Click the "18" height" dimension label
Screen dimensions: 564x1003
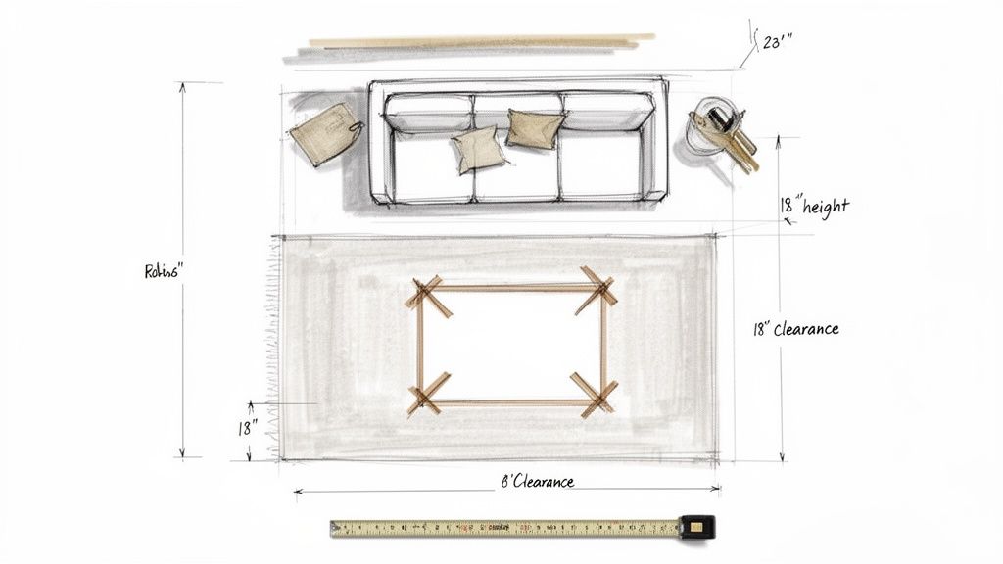coord(814,207)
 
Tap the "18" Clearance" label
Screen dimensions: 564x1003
coord(795,330)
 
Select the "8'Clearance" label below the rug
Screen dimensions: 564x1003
coord(537,482)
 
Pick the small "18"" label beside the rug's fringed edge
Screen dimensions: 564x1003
coord(247,428)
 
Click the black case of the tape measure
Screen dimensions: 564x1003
coord(695,528)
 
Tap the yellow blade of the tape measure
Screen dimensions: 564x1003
coord(504,529)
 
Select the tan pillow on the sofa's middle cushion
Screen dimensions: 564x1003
coord(535,128)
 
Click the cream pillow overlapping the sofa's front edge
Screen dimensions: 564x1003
coord(479,149)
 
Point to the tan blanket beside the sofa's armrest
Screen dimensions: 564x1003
coord(322,133)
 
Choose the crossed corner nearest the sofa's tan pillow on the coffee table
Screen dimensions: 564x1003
coord(597,290)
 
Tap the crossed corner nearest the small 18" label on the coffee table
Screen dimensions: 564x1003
coord(428,394)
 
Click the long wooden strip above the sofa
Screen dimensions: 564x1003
coord(480,41)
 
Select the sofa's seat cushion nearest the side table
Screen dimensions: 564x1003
coord(599,164)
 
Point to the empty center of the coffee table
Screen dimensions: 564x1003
coord(511,345)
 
